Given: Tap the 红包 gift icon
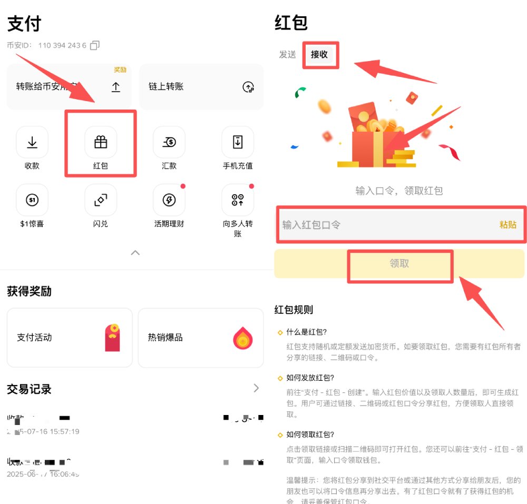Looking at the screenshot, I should tap(101, 142).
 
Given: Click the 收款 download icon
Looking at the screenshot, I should tap(32, 142).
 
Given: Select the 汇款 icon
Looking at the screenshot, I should tap(169, 142).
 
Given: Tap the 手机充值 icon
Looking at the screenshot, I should tap(238, 142).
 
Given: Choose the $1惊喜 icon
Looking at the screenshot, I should tap(32, 200).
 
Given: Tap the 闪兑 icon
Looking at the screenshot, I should tap(101, 200).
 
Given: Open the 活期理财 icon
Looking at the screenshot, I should tap(169, 200).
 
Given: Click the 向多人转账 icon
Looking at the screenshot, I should tap(238, 200).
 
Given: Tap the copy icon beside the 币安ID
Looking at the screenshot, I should tap(95, 45).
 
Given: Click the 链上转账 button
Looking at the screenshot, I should tap(201, 87).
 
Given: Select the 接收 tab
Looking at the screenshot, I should tap(319, 54).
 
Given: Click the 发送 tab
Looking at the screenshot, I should tap(288, 54).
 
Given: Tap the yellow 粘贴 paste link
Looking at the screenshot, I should tap(508, 225).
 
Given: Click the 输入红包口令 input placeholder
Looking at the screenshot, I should tap(312, 225).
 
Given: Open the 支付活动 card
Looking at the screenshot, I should tap(69, 338).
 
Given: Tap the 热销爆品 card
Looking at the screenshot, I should tap(201, 338).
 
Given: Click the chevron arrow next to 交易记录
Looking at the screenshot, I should tap(256, 388).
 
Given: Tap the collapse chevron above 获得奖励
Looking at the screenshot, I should tap(135, 253).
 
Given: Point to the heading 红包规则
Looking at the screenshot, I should tap(294, 310).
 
